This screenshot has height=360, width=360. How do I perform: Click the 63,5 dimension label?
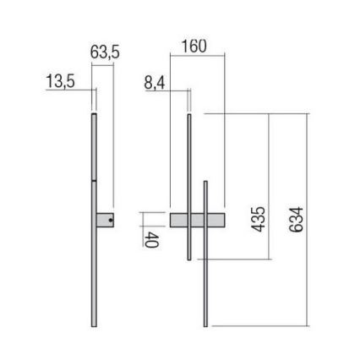(104, 52)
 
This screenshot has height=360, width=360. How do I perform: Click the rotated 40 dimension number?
(151, 238)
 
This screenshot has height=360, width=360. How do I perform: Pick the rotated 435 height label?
(259, 220)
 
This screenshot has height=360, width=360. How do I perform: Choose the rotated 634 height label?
(297, 220)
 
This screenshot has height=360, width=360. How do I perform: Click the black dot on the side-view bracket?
(111, 220)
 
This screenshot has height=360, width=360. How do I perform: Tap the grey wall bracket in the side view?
(105, 220)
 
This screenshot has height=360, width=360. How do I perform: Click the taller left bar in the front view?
(189, 186)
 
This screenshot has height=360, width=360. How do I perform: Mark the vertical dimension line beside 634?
(308, 220)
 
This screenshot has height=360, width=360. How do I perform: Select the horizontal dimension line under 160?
(198, 56)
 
